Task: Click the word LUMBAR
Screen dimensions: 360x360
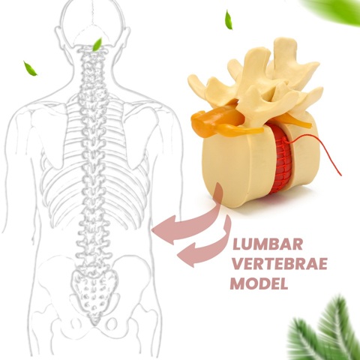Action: (268, 244)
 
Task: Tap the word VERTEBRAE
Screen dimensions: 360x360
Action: (280, 264)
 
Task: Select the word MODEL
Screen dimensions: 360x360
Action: (259, 283)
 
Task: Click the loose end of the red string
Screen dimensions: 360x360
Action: (340, 175)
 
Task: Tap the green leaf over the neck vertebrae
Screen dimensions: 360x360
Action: (97, 45)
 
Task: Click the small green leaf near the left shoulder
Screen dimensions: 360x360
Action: (30, 68)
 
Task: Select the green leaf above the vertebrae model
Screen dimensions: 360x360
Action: (229, 19)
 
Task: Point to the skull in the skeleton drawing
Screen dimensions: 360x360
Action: (93, 24)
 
